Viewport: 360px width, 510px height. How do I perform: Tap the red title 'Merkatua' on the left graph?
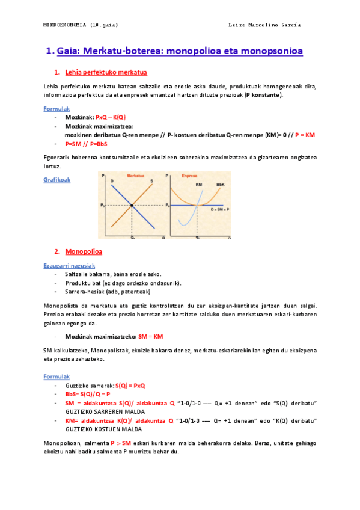[x=136, y=176]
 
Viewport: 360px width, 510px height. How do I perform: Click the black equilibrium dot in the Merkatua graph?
[x=132, y=206]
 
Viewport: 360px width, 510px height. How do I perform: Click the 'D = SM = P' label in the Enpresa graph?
[x=221, y=210]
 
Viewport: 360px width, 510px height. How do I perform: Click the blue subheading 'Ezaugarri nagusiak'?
[x=69, y=265]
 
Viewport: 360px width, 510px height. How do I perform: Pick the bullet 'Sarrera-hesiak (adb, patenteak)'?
[x=108, y=292]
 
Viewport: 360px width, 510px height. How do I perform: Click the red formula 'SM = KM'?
[x=151, y=337]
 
